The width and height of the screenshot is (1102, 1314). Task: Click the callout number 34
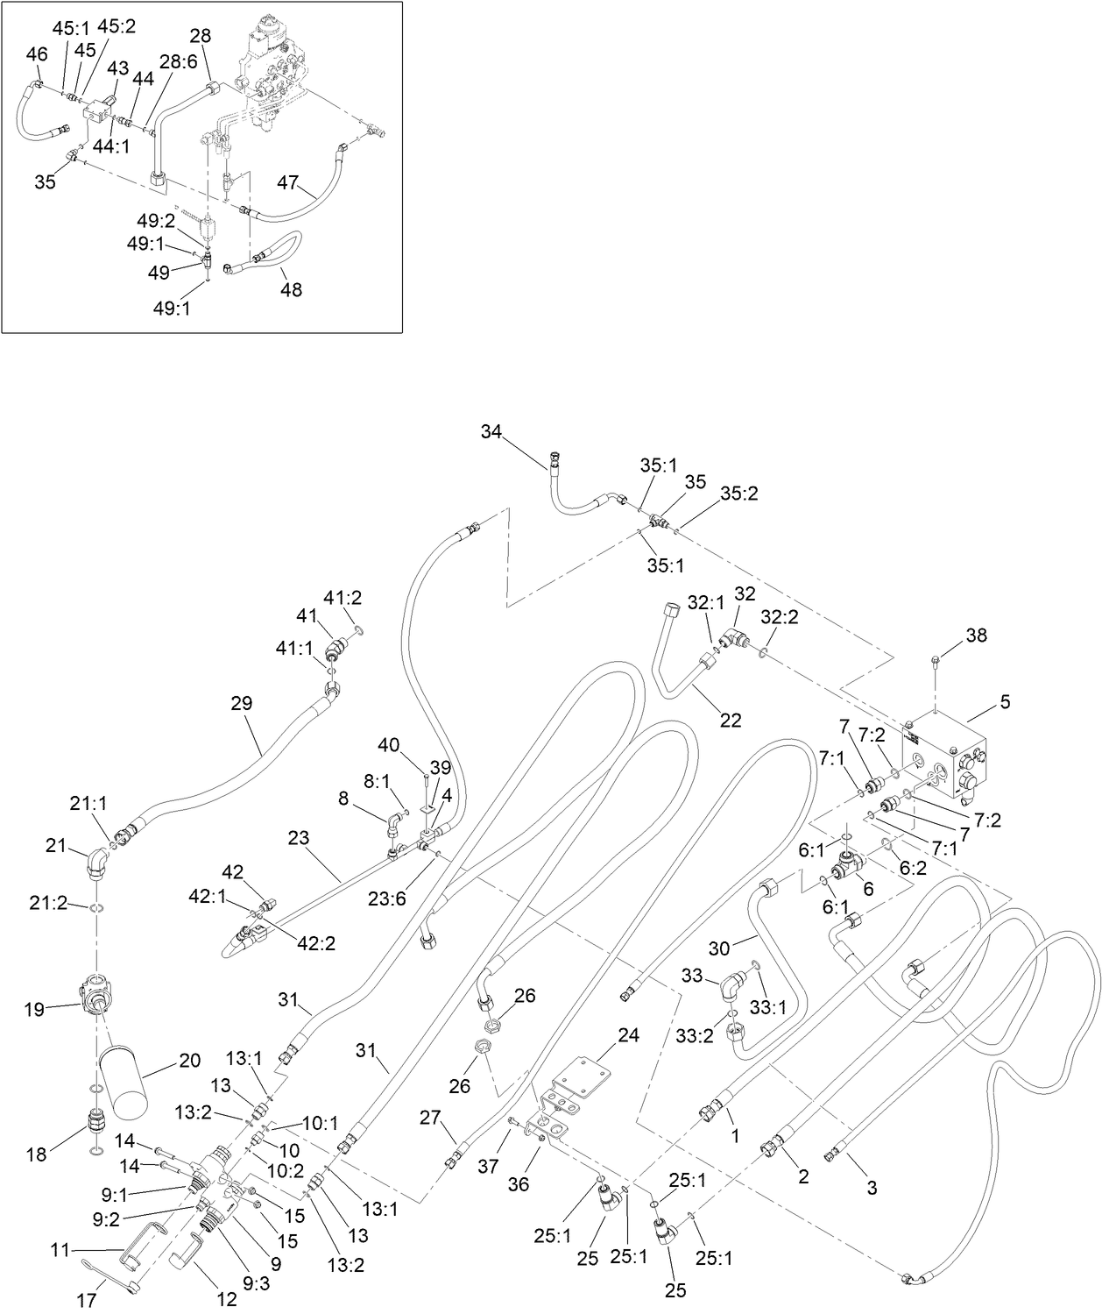tap(491, 431)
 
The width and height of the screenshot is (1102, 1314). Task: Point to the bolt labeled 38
tap(936, 658)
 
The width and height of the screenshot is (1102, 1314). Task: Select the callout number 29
tap(241, 703)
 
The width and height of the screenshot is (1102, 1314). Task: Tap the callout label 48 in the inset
tap(291, 289)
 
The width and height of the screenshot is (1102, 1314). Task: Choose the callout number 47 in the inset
tap(288, 183)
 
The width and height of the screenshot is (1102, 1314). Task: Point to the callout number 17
tap(87, 1301)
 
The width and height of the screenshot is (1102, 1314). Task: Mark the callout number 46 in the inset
tap(37, 54)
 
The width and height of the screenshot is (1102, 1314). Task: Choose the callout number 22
tap(730, 721)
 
